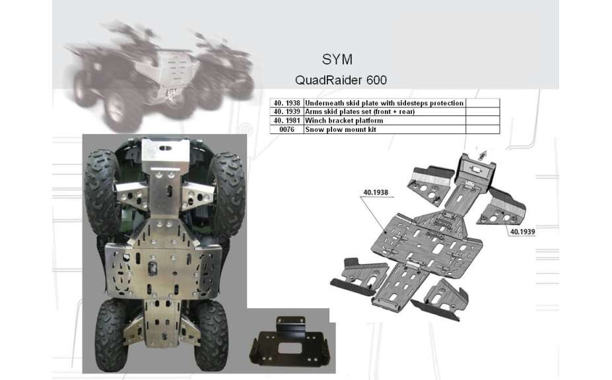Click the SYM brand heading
pos(337,59)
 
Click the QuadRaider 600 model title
pos(340,80)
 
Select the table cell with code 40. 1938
pos(287,104)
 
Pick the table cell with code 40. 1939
pos(287,112)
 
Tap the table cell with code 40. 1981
pos(287,121)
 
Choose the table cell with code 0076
pos(287,129)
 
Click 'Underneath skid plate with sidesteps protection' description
pos(384,104)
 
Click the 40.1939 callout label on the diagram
pos(522,232)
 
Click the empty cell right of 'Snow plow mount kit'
pos(483,129)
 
